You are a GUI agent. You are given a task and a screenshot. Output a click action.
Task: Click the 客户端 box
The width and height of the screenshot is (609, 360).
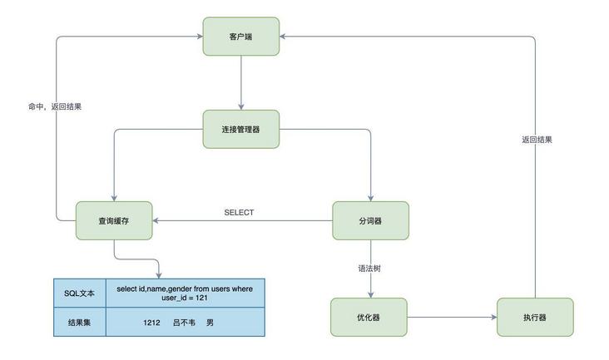(x=240, y=37)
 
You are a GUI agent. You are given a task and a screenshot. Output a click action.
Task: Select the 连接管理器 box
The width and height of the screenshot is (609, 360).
(x=240, y=129)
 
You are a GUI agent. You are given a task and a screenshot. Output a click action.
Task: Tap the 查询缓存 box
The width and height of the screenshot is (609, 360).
(x=113, y=220)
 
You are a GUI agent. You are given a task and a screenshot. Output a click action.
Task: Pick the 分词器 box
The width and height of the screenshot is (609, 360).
(x=370, y=220)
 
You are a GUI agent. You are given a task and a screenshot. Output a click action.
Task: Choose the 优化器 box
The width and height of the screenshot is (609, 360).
(x=369, y=317)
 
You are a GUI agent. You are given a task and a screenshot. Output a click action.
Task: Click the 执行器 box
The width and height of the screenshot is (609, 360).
(x=535, y=317)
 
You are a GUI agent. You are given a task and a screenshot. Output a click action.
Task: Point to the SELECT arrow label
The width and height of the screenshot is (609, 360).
(x=239, y=213)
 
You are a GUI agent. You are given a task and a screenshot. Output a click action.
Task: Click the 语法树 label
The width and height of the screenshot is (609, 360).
(x=369, y=268)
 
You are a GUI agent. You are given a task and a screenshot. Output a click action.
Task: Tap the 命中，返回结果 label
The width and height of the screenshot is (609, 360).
(x=55, y=106)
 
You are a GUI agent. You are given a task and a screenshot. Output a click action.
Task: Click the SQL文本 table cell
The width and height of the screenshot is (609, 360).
(x=80, y=293)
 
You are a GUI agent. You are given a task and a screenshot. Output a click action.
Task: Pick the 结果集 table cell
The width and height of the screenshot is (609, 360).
(x=80, y=322)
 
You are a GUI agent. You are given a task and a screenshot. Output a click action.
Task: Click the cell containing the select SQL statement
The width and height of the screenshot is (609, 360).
(x=184, y=293)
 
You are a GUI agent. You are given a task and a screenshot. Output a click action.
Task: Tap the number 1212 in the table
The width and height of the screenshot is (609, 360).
(x=151, y=322)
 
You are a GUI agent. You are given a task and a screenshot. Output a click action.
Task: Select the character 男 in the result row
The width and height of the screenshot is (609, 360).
(x=210, y=322)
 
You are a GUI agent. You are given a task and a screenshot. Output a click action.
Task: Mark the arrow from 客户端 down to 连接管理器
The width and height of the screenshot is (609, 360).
(x=240, y=83)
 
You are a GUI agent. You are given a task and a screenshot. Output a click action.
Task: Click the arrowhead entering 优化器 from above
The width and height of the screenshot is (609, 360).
(x=369, y=293)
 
